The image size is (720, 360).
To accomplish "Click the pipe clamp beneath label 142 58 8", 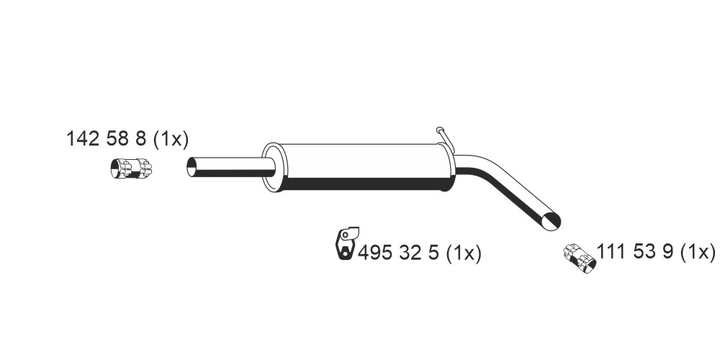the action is [131, 168].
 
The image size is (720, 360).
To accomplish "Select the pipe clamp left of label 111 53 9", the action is [580, 258].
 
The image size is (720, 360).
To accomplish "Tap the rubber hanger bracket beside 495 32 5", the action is [346, 243].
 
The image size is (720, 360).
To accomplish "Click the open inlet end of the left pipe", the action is [192, 167].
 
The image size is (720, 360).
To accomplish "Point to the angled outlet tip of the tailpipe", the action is [551, 222].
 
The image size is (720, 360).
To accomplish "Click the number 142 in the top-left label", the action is [83, 139].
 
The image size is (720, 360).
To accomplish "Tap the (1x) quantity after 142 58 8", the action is [171, 139].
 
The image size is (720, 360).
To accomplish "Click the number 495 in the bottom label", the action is [374, 253].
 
